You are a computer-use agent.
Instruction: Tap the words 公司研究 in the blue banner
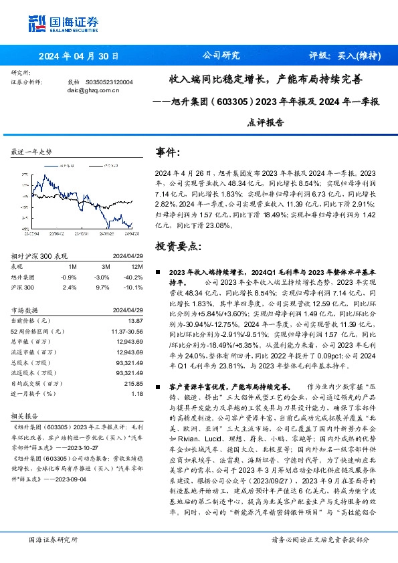[220, 56]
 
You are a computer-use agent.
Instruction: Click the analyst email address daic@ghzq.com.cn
[88, 89]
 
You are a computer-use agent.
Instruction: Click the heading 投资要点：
[177, 247]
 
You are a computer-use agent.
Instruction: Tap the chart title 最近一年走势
[32, 152]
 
